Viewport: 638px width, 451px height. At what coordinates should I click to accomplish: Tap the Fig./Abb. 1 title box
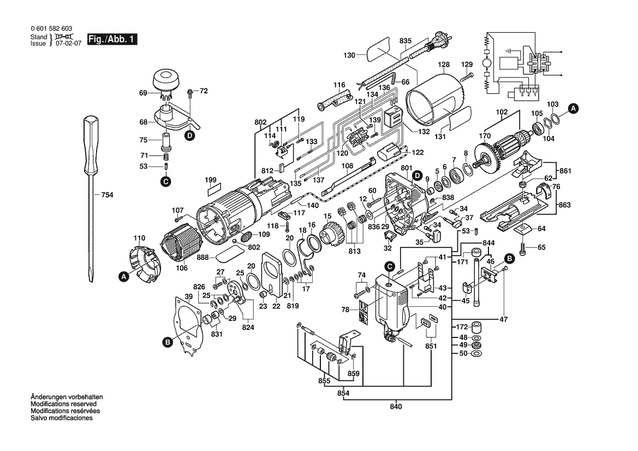click(112, 39)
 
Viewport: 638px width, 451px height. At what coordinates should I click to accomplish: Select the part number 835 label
click(406, 41)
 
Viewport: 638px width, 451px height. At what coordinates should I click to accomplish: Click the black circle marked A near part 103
click(573, 109)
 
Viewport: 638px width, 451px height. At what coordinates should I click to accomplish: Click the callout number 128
click(444, 64)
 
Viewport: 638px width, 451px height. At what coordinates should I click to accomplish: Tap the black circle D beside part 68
click(189, 135)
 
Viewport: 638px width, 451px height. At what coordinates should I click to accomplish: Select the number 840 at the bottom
click(396, 407)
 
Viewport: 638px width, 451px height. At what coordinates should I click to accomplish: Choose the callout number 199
click(210, 180)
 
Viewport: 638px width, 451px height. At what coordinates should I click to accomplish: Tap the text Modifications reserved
click(63, 404)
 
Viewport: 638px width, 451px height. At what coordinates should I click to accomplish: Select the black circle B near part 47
click(509, 258)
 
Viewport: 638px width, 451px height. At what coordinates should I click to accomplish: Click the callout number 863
click(564, 205)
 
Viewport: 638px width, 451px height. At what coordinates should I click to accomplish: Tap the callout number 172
click(462, 327)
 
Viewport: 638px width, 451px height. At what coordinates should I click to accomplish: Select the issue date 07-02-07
click(68, 44)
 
